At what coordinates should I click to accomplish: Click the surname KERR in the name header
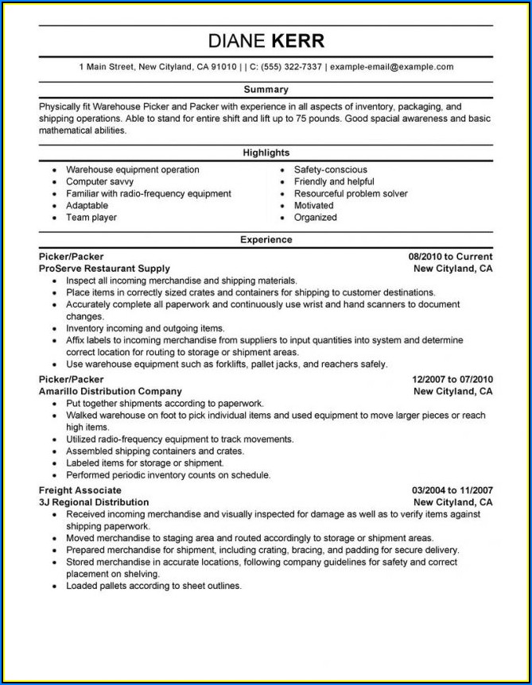point(298,41)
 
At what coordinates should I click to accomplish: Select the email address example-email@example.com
point(391,67)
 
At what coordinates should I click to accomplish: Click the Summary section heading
point(266,90)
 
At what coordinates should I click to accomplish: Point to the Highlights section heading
point(266,153)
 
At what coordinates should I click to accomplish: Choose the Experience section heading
point(266,240)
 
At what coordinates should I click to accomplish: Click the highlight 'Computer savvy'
point(99,182)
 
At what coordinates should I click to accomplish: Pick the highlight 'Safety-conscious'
point(330,170)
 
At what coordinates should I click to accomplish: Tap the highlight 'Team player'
point(91,218)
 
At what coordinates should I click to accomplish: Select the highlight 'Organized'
point(315,218)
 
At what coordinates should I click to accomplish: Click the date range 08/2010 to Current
point(450,257)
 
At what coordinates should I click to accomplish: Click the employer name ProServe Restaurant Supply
point(103,269)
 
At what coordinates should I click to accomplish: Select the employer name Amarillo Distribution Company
point(110,391)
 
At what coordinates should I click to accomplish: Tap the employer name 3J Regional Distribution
point(93,502)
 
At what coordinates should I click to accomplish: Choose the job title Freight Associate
point(80,490)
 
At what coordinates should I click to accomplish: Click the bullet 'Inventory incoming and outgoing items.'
point(145,328)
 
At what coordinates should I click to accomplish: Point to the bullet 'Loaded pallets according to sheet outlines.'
point(153,586)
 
